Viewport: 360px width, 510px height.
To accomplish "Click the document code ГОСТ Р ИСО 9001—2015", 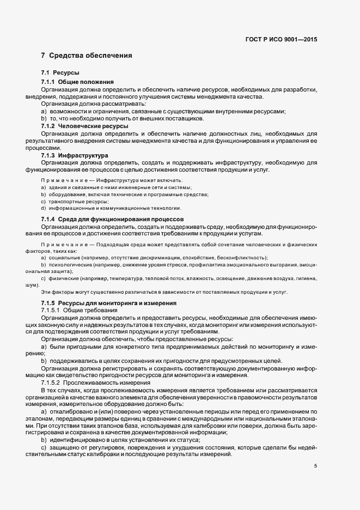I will pyautogui.click(x=281, y=39).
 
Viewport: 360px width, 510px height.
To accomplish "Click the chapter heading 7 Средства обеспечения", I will pyautogui.click(x=86, y=56).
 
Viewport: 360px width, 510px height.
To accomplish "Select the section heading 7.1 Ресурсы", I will pyautogui.click(x=60, y=72).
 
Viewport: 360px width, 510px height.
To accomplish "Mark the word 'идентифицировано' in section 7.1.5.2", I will pyautogui.click(x=76, y=440).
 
